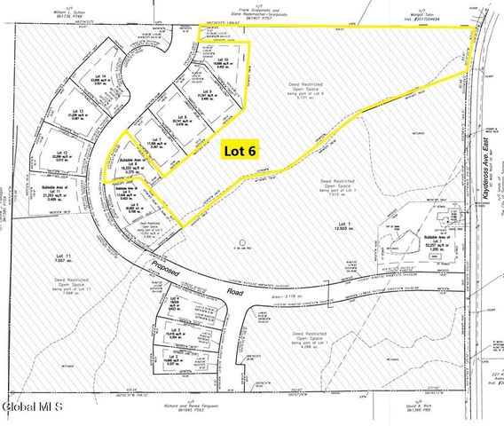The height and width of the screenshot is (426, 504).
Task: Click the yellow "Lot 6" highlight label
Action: [x=239, y=151]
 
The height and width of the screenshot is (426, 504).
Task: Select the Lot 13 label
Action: [x=75, y=112]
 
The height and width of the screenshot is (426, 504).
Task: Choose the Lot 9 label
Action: [x=206, y=91]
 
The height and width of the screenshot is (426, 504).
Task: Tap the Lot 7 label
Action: [x=154, y=138]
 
